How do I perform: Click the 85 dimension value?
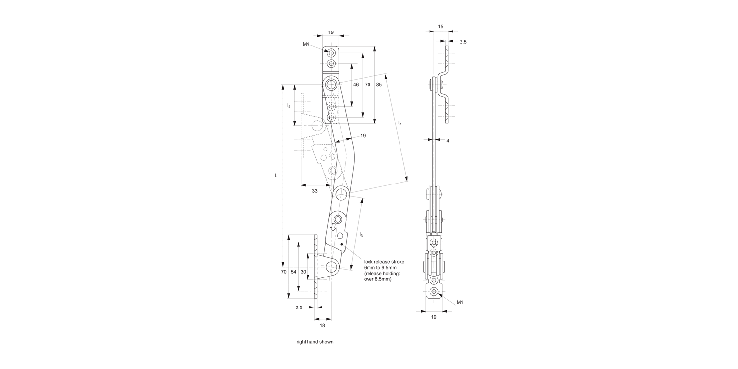(379, 85)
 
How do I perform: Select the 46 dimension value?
(356, 85)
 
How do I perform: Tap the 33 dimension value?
(315, 191)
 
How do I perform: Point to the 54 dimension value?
(294, 272)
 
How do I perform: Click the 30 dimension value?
(304, 272)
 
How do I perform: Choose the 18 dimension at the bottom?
(322, 325)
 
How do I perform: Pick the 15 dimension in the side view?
(440, 26)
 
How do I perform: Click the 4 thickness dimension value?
(448, 141)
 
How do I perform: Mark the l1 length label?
(277, 176)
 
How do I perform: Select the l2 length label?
(400, 123)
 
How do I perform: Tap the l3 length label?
(361, 235)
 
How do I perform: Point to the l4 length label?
(289, 106)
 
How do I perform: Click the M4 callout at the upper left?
(306, 44)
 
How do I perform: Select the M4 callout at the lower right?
(460, 302)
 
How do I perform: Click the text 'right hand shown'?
(315, 342)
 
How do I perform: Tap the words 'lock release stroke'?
(384, 261)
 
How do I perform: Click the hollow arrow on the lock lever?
(333, 227)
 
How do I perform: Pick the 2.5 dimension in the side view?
(463, 42)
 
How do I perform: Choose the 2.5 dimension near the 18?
(299, 307)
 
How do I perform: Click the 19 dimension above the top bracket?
(331, 32)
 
